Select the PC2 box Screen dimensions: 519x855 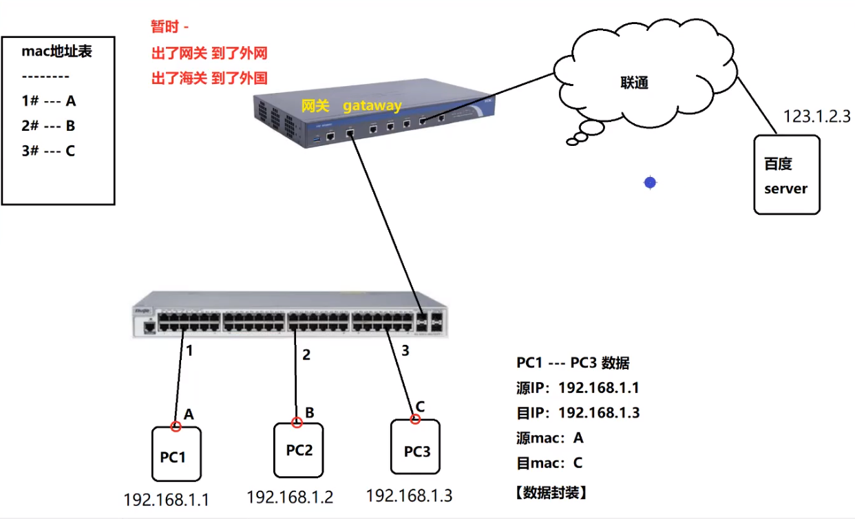coord(299,450)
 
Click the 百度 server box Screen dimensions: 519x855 coord(787,175)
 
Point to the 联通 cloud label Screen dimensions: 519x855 coord(634,83)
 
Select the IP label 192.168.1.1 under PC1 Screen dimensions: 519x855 coord(166,499)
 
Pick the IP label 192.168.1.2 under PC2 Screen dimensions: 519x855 coord(290,496)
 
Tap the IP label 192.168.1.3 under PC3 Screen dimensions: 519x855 coord(409,495)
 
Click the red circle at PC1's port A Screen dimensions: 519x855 coord(176,427)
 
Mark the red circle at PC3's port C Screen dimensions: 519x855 coord(415,419)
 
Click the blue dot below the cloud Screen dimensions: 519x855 coord(650,182)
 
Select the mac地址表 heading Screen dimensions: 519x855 coord(57,52)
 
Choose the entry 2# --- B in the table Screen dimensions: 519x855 coord(48,126)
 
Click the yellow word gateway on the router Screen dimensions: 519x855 coord(372,106)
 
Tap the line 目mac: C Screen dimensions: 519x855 coord(549,463)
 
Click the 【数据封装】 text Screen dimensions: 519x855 coord(551,492)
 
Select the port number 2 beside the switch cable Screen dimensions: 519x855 coord(306,354)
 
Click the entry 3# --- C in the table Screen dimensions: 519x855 coord(48,151)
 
